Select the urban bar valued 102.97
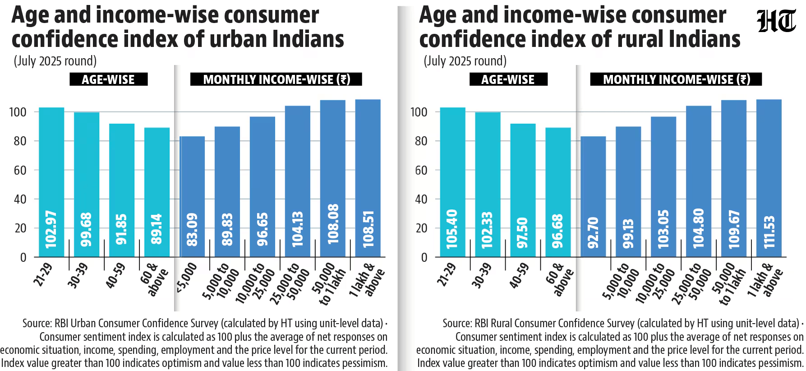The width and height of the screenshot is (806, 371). pos(51,182)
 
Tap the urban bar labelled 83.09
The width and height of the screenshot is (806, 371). pos(192,197)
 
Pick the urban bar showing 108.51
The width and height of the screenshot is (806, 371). pos(368,178)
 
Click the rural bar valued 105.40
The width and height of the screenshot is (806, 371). pos(452,182)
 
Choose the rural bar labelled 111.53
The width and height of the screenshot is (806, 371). pos(769,178)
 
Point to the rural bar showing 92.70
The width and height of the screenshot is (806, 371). pos(593,197)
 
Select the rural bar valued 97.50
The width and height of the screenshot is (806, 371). pos(523,190)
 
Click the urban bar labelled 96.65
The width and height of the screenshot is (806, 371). pos(263,187)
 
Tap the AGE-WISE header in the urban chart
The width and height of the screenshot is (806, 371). pos(108,79)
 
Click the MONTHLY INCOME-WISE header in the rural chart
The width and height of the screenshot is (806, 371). pos(676,79)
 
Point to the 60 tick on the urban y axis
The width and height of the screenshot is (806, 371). pos(20,170)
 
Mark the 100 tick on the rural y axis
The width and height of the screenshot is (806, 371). pos(419,112)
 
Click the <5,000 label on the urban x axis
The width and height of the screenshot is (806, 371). pos(186,278)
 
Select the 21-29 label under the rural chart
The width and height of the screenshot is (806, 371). pos(447,275)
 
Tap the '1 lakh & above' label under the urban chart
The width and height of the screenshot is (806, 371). pos(367,281)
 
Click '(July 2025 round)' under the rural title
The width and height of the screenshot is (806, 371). pos(465,61)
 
